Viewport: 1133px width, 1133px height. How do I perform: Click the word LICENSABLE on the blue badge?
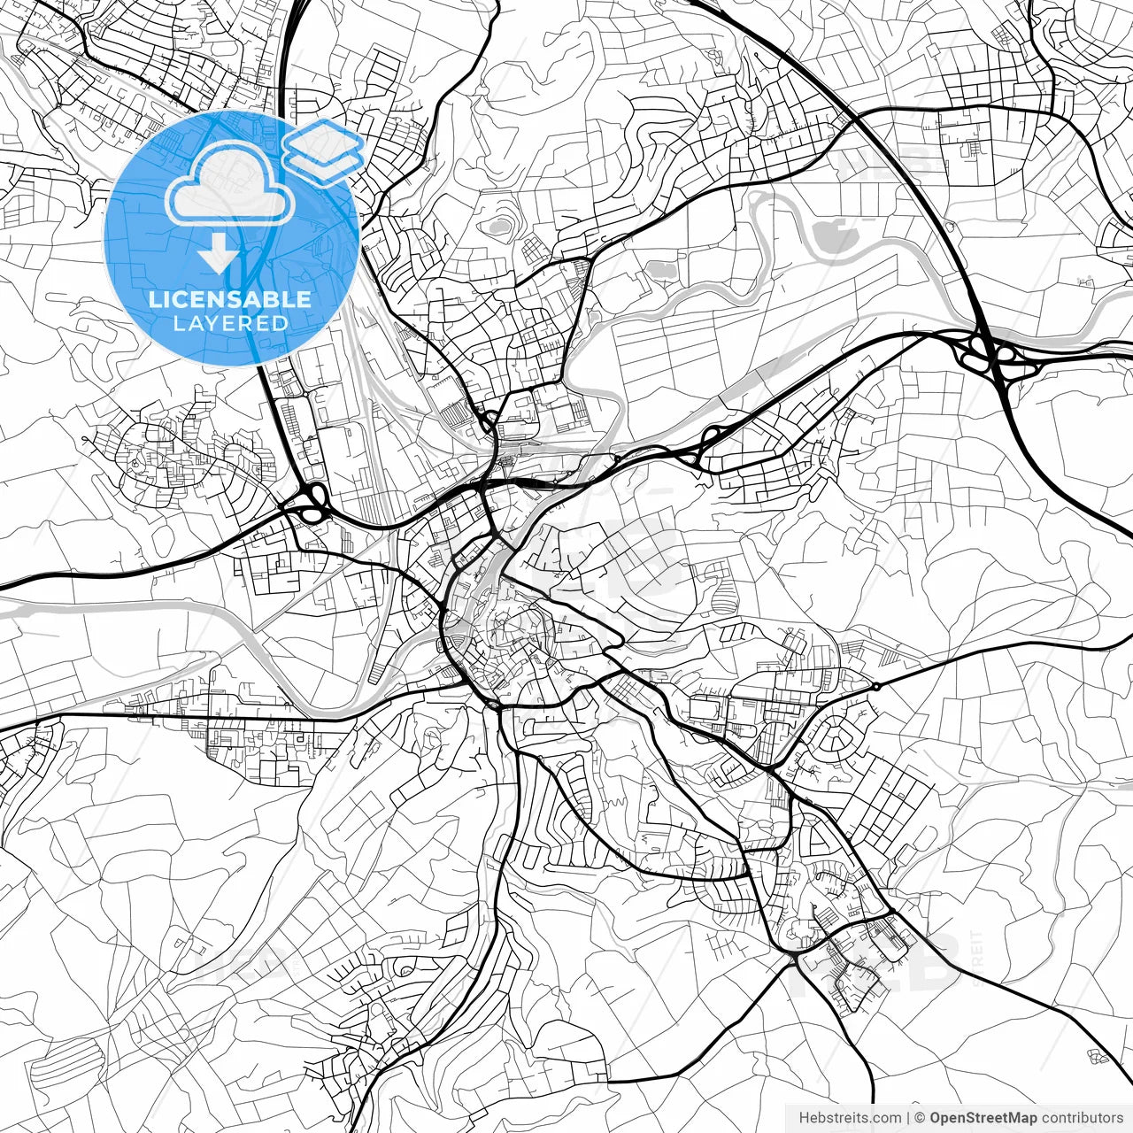pyautogui.click(x=230, y=299)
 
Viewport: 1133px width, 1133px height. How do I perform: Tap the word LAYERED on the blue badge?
pyautogui.click(x=230, y=323)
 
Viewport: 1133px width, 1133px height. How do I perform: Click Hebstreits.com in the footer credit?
pyautogui.click(x=850, y=1118)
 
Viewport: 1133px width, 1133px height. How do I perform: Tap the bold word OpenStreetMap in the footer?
pyautogui.click(x=983, y=1118)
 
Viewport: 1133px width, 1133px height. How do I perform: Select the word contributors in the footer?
pyautogui.click(x=1082, y=1118)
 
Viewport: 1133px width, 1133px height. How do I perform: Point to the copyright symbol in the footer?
pyautogui.click(x=920, y=1118)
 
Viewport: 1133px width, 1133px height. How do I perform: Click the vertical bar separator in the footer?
pyautogui.click(x=909, y=1118)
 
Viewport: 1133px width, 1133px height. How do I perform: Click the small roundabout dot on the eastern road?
pyautogui.click(x=875, y=686)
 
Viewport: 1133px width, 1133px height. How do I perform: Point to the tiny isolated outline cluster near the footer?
pyautogui.click(x=1098, y=1055)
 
